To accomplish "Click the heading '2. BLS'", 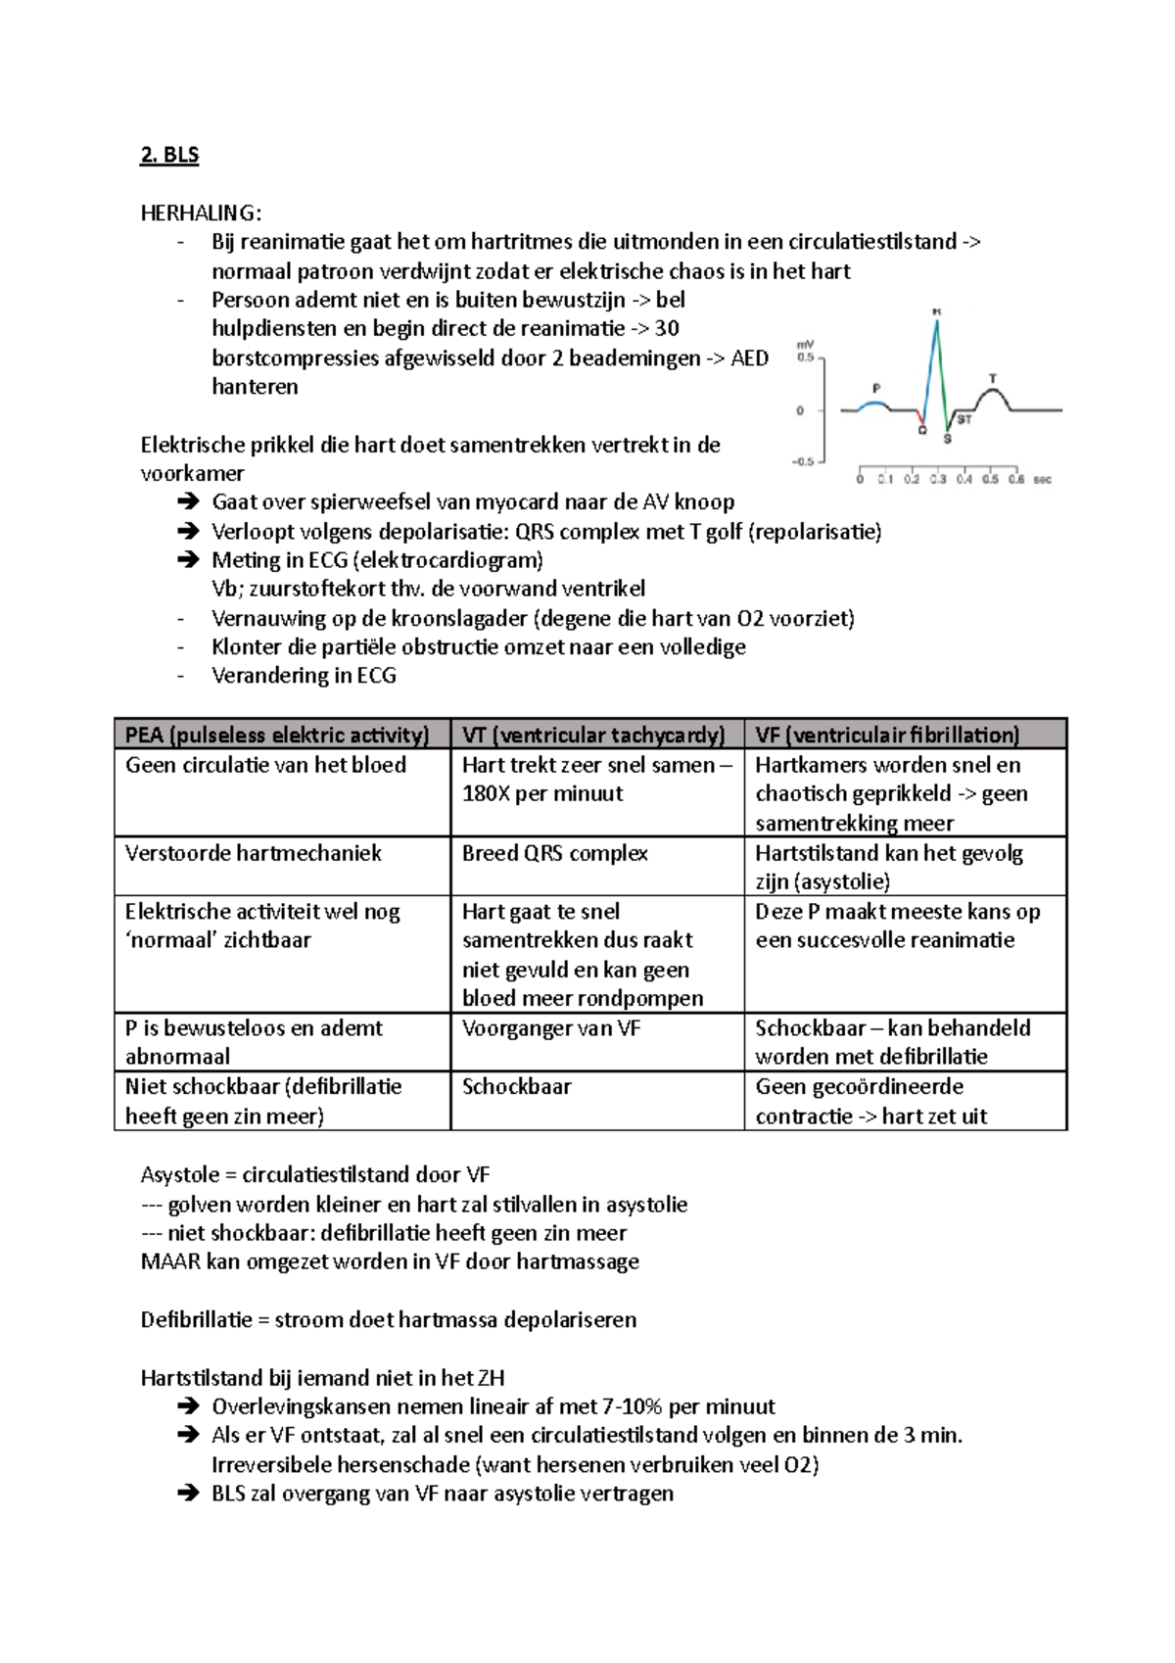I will (169, 155).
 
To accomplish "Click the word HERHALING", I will (199, 214).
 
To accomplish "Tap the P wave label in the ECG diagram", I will (876, 388).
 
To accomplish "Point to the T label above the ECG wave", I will (993, 378).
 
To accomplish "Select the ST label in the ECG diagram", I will (964, 419).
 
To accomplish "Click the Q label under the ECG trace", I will (922, 430).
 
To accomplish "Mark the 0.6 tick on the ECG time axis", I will (1016, 480).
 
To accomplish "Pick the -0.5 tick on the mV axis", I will (802, 461).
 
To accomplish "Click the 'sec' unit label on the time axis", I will (1043, 480).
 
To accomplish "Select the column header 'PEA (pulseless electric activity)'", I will (277, 736).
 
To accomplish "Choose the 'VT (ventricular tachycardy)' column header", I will (593, 736).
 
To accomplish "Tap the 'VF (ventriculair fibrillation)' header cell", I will (887, 736).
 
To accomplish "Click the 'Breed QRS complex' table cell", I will (555, 853).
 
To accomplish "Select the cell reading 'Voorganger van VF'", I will (551, 1028).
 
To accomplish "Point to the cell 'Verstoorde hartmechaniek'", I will (254, 853).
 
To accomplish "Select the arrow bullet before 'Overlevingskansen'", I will (188, 1407).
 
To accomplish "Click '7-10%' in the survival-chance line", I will (633, 1407).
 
